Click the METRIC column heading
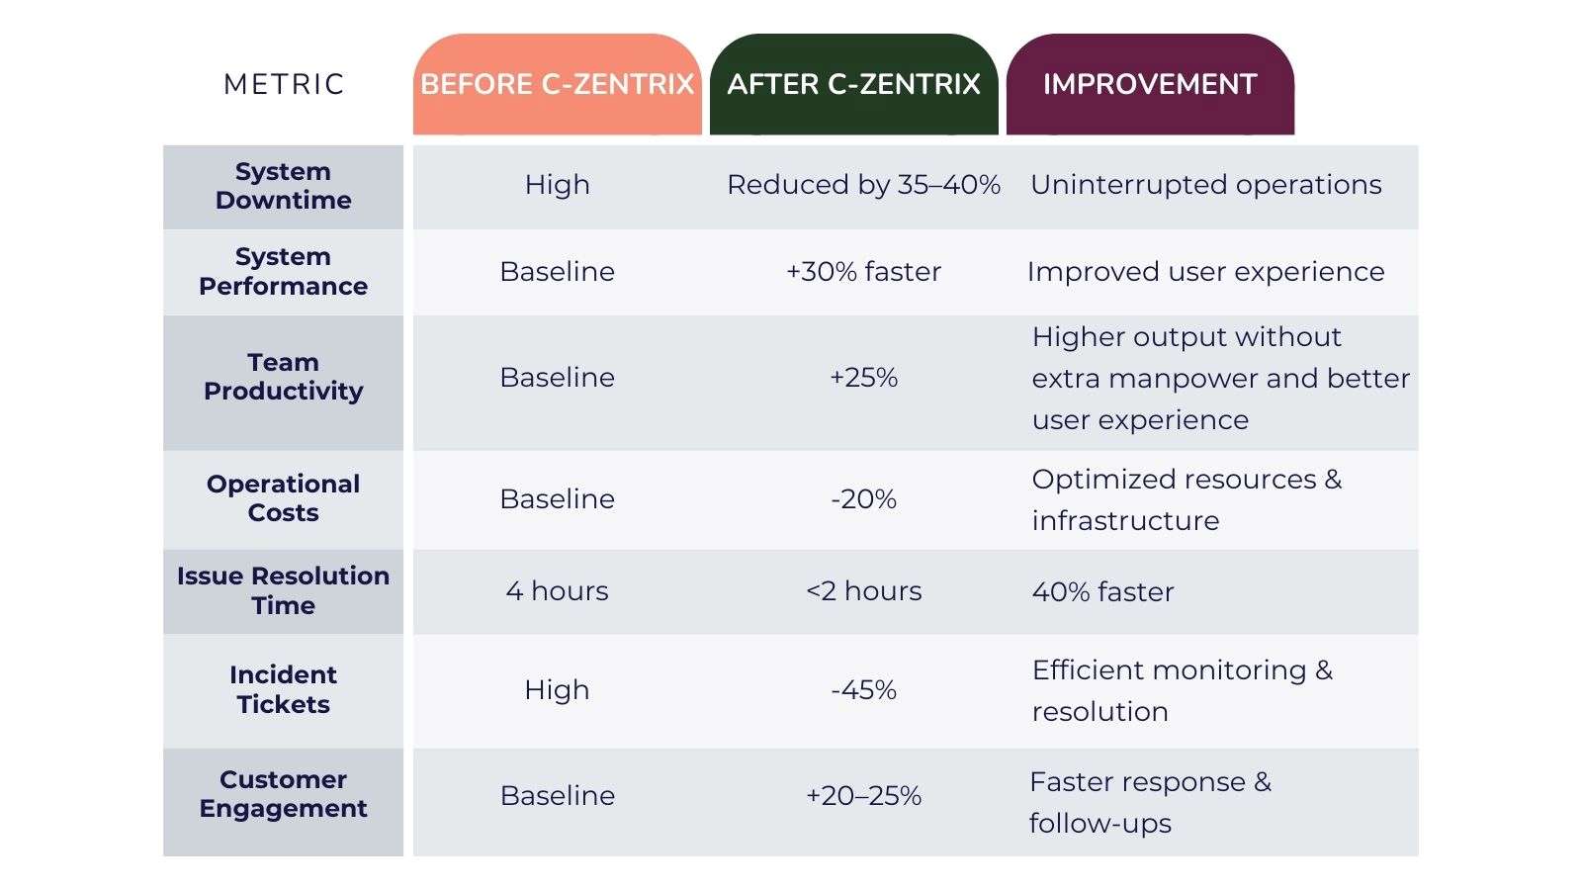tap(284, 84)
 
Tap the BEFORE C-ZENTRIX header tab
tap(557, 84)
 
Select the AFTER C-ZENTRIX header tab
tap(853, 84)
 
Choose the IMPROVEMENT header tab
tap(1150, 84)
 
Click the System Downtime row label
tap(284, 186)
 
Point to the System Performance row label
tap(284, 271)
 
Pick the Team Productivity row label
tap(284, 377)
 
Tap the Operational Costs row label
tap(284, 498)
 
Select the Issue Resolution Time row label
tap(284, 590)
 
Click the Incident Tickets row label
tap(284, 689)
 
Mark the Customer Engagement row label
tap(284, 794)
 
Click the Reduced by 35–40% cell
tap(863, 185)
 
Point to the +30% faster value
tap(863, 272)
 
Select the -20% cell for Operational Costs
tap(863, 499)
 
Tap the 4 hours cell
tap(557, 591)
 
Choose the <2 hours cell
tap(863, 591)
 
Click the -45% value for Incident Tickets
tap(863, 690)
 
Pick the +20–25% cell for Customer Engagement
tap(863, 796)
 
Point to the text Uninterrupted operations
tap(1205, 185)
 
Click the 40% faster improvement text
tap(1102, 592)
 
